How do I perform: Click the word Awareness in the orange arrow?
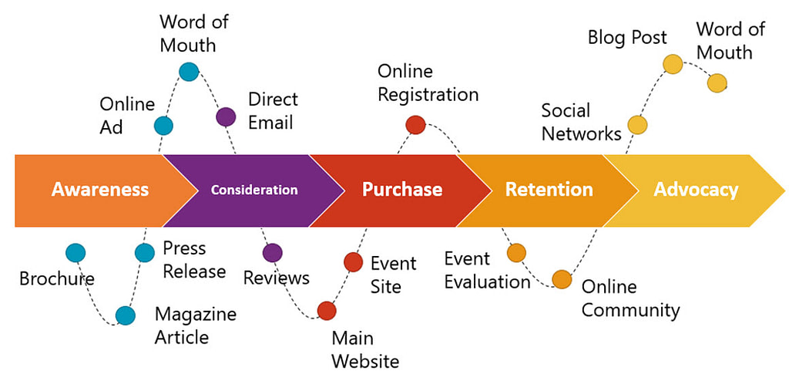point(100,190)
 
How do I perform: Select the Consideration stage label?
point(253,190)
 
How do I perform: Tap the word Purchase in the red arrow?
point(402,190)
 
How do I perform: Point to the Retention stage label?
point(549,190)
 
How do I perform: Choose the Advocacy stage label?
point(696,190)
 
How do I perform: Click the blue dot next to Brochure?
point(76,253)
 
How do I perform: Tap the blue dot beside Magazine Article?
point(125,315)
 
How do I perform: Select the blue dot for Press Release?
point(145,253)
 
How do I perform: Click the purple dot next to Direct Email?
point(226,116)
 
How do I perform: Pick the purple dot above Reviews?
point(272,253)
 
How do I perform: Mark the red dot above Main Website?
point(327,311)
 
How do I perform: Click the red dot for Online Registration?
point(415,125)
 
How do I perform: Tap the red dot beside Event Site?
point(353,262)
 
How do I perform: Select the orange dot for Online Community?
point(562,279)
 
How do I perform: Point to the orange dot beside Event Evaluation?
point(516,253)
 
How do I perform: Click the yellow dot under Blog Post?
point(673,64)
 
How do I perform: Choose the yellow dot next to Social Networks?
point(637,124)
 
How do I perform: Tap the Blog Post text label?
point(627,37)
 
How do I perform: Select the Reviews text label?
point(276,278)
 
